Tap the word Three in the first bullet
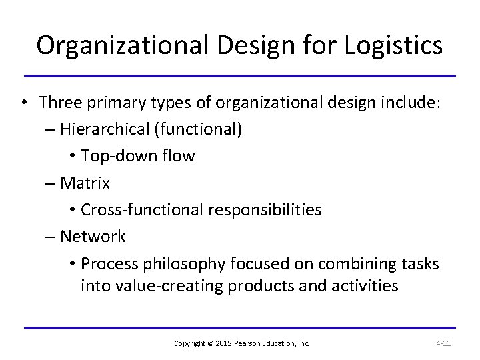[x=59, y=102]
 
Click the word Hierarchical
[x=106, y=129]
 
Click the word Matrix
[x=85, y=183]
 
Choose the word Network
[x=93, y=237]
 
